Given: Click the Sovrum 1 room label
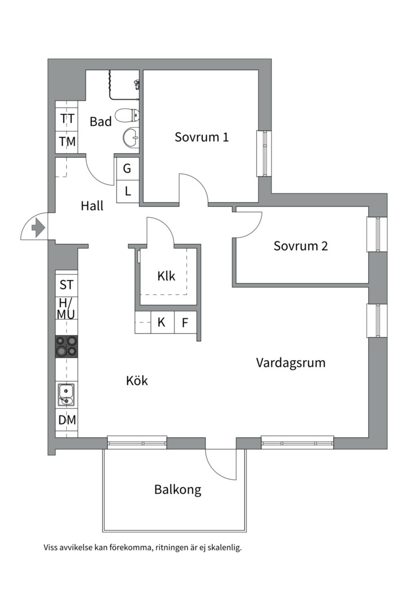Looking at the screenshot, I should coord(201,137).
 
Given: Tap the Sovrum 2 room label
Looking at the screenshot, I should coord(300,246).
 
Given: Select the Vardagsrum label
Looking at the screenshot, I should coord(290,363).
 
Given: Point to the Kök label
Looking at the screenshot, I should coord(137,381).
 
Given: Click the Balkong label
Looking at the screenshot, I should coord(177,490).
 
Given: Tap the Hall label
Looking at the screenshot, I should coord(92,206).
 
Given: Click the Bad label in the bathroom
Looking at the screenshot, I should coord(100,122).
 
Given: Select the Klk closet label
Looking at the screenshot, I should coord(166,277).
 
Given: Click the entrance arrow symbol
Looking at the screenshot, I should coord(38,228).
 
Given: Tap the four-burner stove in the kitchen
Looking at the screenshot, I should coord(66,346).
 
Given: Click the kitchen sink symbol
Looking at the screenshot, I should coord(66,394).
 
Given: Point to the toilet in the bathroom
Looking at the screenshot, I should coord(127,116).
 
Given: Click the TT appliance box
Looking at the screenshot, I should coord(67,119).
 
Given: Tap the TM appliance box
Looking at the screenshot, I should coord(67,142).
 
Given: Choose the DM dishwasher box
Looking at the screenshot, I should coord(67,420).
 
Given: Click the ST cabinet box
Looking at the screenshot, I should coord(67,285).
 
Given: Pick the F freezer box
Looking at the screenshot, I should coord(185,323).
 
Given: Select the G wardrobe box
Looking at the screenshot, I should coord(127,168).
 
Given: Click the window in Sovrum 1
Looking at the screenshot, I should coord(264,153).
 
